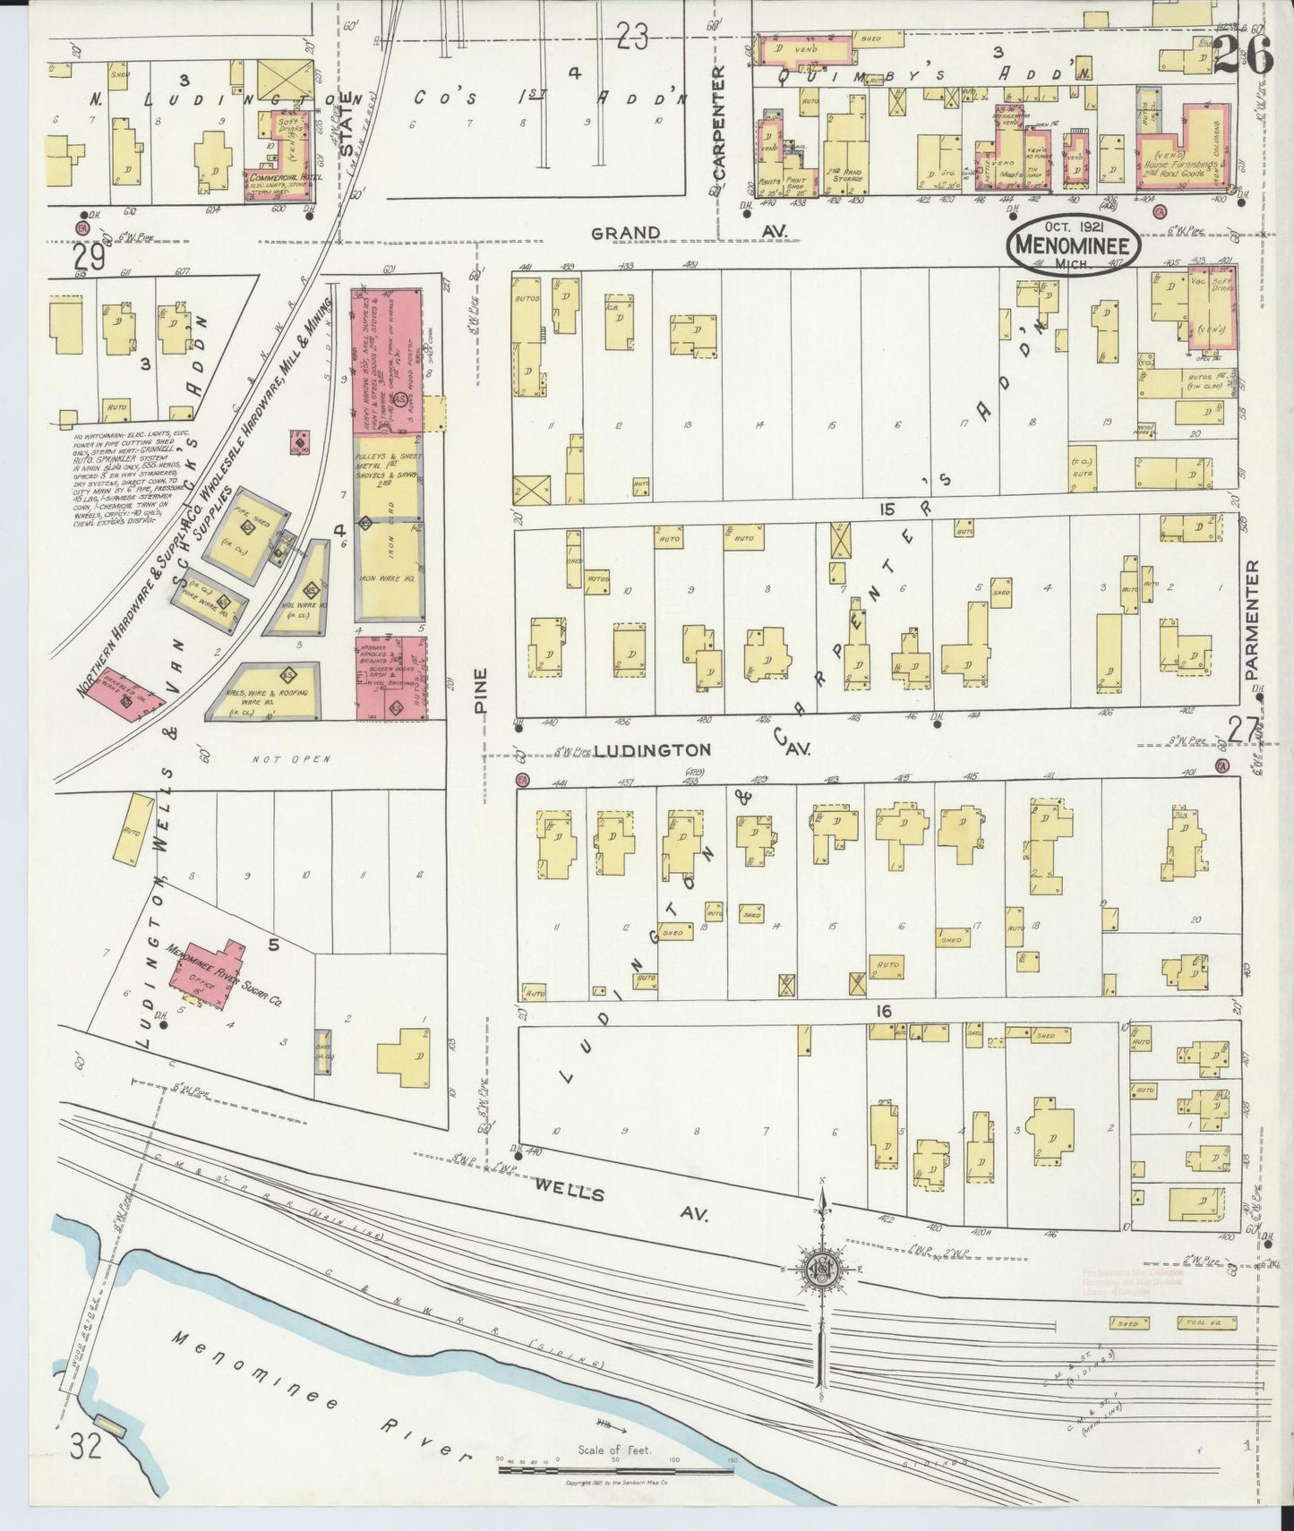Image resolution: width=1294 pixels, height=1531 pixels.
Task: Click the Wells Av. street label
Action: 621,1202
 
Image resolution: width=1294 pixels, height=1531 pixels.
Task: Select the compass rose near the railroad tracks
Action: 820,1270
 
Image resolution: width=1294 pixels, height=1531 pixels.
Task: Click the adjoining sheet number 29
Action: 90,258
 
